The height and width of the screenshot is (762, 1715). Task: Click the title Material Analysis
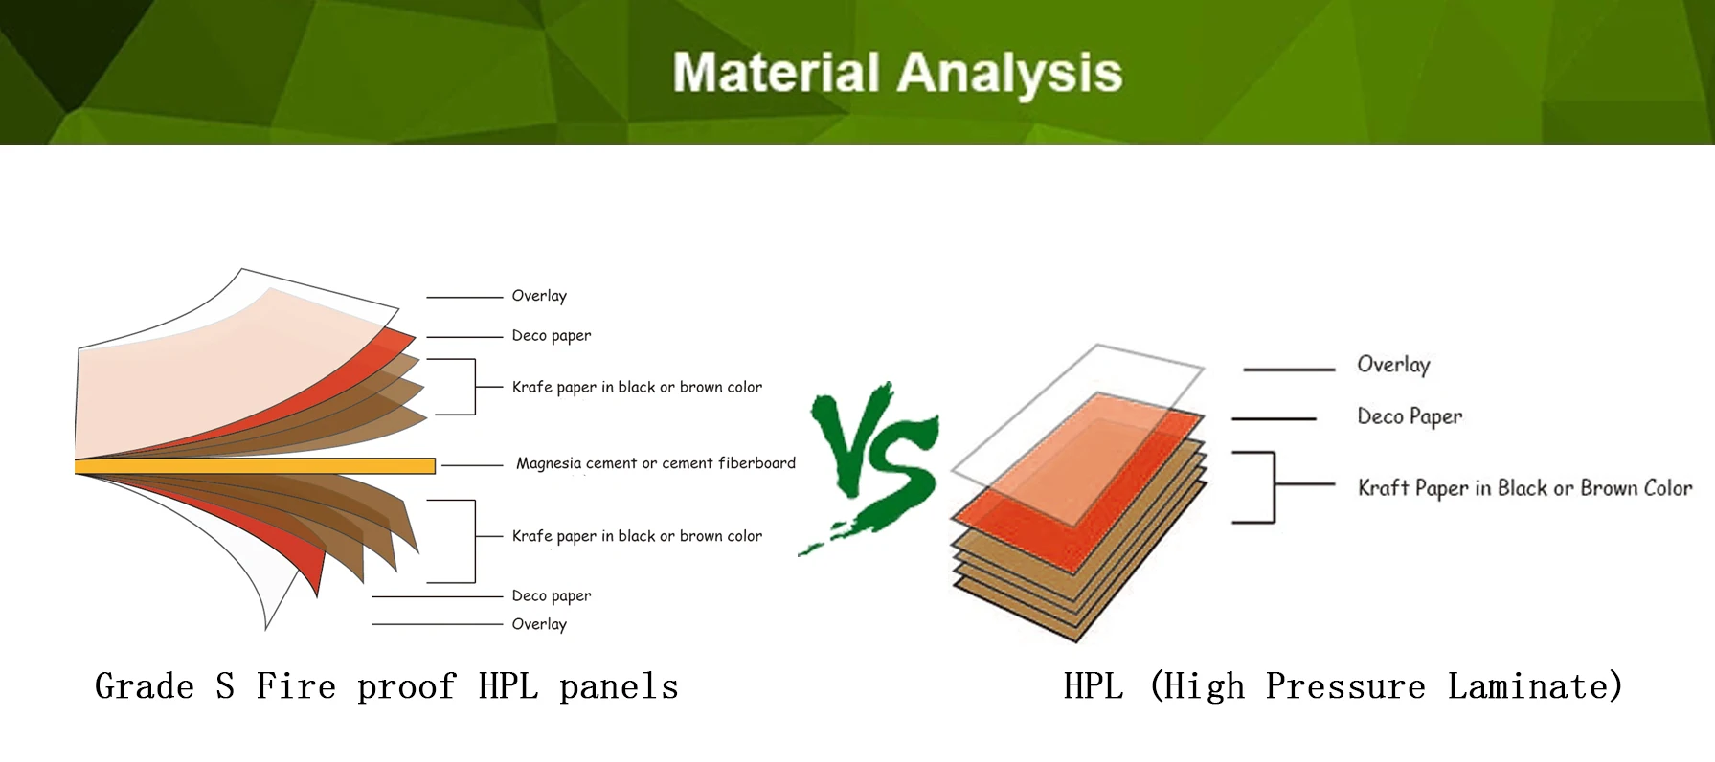click(x=897, y=73)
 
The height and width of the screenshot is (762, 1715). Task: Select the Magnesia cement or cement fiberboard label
click(x=656, y=463)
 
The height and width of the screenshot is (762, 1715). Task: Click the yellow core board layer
click(x=255, y=466)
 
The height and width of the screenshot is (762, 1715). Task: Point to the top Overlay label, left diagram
click(x=539, y=296)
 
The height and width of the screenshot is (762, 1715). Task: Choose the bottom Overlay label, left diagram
click(x=539, y=624)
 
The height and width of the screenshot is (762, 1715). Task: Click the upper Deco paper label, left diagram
click(x=552, y=336)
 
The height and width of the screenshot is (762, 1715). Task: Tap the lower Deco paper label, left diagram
click(x=552, y=596)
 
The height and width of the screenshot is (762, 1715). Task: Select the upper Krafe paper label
click(x=637, y=388)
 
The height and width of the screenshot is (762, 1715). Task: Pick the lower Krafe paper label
click(x=637, y=537)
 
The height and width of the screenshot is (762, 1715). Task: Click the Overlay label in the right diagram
click(x=1393, y=365)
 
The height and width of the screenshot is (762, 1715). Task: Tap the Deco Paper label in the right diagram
click(x=1410, y=416)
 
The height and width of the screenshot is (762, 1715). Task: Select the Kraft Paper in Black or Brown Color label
click(x=1524, y=488)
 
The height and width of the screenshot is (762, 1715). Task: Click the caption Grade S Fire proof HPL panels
click(x=387, y=686)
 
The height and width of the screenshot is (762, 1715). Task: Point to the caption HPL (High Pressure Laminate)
click(x=1343, y=686)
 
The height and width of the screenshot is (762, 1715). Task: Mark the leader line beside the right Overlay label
click(x=1289, y=369)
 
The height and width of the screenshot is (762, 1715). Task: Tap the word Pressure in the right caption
click(x=1345, y=686)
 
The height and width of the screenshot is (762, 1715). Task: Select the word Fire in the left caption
click(x=296, y=686)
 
